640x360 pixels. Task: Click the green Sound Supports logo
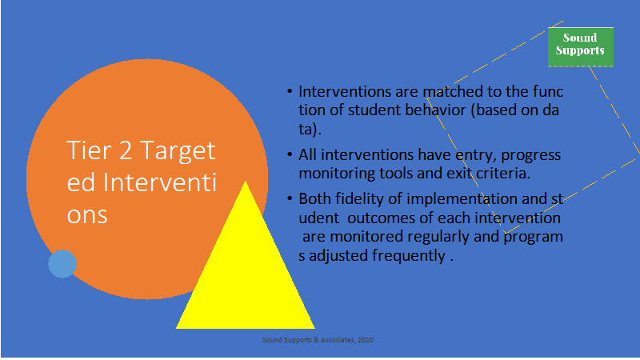point(581,47)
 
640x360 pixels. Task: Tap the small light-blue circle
point(62,264)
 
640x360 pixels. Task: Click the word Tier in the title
point(89,150)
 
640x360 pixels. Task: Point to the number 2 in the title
point(126,150)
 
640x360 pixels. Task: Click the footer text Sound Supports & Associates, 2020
point(318,339)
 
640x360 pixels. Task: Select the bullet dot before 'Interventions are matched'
point(290,91)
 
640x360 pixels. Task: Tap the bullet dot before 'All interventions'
point(290,154)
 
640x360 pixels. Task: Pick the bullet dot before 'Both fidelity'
point(290,198)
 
